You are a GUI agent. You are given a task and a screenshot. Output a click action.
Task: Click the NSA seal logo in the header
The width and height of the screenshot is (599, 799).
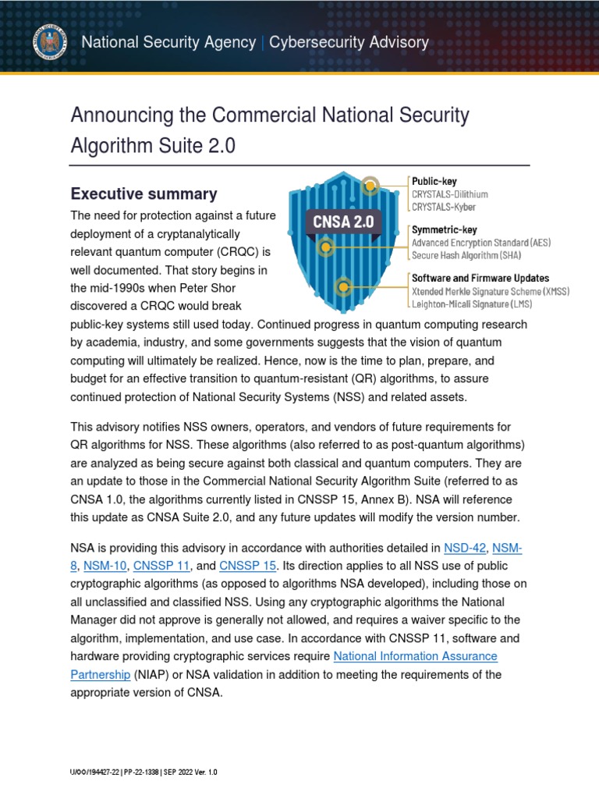[48, 43]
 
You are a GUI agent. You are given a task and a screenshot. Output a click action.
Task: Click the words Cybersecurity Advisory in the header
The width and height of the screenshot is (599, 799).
[349, 42]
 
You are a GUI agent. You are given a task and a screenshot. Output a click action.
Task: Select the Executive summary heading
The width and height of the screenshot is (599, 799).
[144, 194]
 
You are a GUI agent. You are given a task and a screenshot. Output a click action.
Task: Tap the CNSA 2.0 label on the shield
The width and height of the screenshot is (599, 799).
[343, 221]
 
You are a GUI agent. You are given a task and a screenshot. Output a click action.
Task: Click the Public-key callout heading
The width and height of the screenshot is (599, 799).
[434, 181]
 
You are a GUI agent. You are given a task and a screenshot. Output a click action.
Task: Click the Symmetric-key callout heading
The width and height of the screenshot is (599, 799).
[444, 230]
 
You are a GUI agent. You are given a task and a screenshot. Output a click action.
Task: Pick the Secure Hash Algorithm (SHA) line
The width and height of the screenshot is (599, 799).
[466, 255]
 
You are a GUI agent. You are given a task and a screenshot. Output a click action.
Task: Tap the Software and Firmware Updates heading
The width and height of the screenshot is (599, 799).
[480, 278]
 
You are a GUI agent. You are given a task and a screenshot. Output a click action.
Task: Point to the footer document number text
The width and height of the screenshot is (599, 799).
[144, 772]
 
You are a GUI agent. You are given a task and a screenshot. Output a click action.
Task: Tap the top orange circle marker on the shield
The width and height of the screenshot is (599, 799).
[372, 186]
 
